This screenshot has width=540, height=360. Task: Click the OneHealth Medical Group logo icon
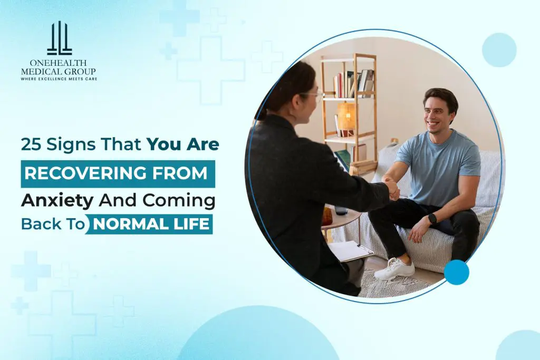59,39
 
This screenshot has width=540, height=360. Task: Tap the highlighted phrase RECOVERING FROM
117,173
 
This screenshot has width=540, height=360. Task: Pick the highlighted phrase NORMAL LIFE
152,224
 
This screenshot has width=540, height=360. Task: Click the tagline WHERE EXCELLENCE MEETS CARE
59,79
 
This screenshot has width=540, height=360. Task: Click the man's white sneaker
394,269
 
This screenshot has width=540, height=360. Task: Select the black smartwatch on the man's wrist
432,218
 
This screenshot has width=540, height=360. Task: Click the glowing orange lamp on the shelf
346,116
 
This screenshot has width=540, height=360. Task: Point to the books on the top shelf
353,83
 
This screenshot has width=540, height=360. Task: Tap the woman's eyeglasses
312,94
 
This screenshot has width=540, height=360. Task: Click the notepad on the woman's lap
350,251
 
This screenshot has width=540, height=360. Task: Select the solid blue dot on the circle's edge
456,272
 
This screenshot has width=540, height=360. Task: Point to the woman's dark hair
287,84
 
